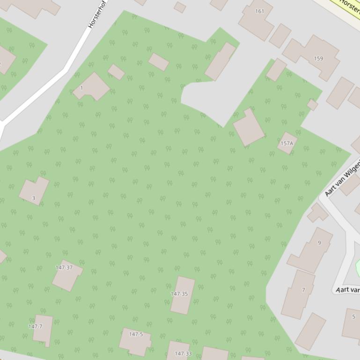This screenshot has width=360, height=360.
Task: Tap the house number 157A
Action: pos(287,143)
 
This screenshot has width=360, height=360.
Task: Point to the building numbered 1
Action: pos(92,86)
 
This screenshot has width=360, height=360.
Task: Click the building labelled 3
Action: pos(34,191)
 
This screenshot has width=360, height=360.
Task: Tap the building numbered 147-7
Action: pos(43,330)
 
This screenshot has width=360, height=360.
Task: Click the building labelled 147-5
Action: pos(135,341)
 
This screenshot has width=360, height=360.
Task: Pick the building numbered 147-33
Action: pos(178,351)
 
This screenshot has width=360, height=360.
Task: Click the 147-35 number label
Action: pos(179,294)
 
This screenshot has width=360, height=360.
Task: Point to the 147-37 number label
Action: pos(64,267)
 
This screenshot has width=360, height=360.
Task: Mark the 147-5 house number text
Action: pos(136,334)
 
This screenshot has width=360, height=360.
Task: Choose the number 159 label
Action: pos(318,58)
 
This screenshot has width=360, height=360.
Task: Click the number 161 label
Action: pos(260,11)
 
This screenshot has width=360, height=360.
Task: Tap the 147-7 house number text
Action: pos(35,326)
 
